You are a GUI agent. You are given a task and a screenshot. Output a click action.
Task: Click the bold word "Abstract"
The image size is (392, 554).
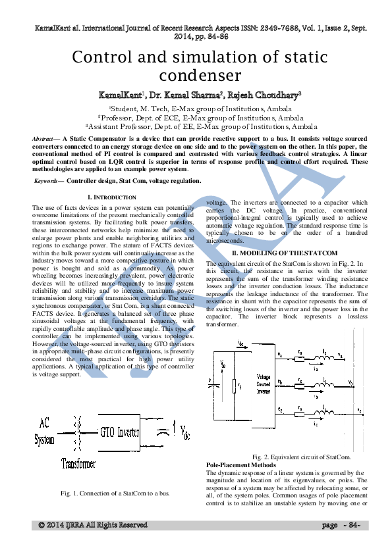[x=46, y=139]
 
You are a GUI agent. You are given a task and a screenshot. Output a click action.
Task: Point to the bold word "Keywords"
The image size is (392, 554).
[x=47, y=180]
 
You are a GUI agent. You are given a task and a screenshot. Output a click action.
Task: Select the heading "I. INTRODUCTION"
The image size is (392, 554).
[x=111, y=197]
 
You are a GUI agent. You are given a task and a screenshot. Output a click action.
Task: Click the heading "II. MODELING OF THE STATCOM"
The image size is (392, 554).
[x=285, y=253]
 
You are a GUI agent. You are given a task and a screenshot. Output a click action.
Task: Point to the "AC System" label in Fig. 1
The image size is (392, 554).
[x=45, y=432]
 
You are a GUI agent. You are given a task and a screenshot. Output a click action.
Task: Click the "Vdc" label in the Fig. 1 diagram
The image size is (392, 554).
[x=182, y=433]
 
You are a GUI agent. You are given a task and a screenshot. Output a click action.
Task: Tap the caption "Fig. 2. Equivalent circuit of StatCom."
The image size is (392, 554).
[x=302, y=457]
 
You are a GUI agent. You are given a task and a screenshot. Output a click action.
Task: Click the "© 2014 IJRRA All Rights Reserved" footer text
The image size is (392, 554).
[x=92, y=525]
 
